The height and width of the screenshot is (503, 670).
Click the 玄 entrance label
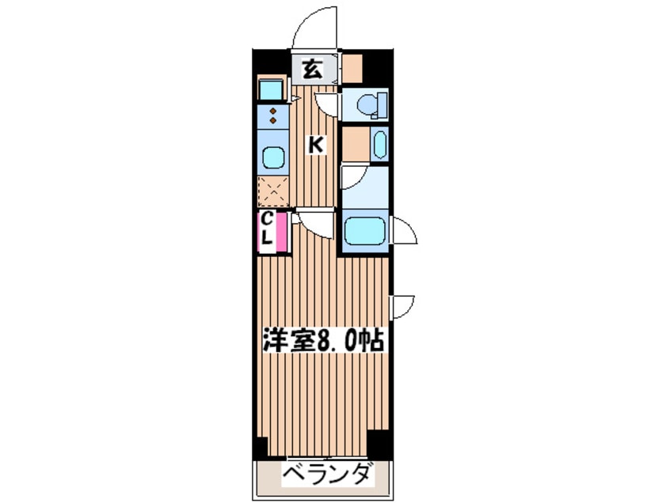pyautogui.click(x=311, y=70)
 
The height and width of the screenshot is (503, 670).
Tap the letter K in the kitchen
pyautogui.click(x=315, y=145)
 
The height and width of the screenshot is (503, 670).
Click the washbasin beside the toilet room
pyautogui.click(x=379, y=145)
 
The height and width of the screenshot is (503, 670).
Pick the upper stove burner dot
pyautogui.click(x=274, y=112)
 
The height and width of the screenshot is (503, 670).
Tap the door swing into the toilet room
pyautogui.click(x=327, y=104)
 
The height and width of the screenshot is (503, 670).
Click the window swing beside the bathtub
pyautogui.click(x=403, y=232)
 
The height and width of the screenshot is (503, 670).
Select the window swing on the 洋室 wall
pyautogui.click(x=403, y=306)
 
